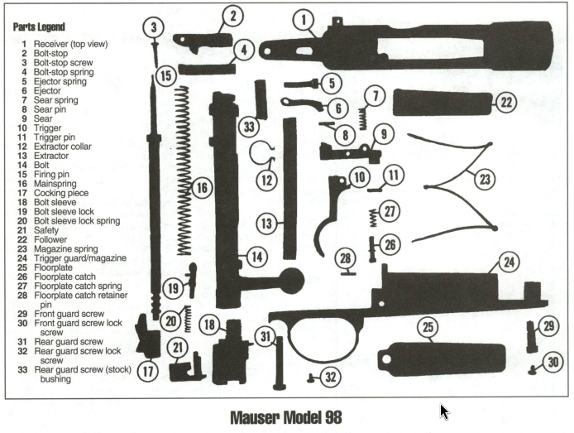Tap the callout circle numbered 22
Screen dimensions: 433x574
pos(505,103)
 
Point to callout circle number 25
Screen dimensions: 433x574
pos(428,328)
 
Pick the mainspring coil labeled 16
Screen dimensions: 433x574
pos(183,170)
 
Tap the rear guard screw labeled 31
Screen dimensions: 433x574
pos(278,360)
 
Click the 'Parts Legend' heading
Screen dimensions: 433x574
pos(40,27)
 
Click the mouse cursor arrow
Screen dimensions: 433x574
pos(445,411)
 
